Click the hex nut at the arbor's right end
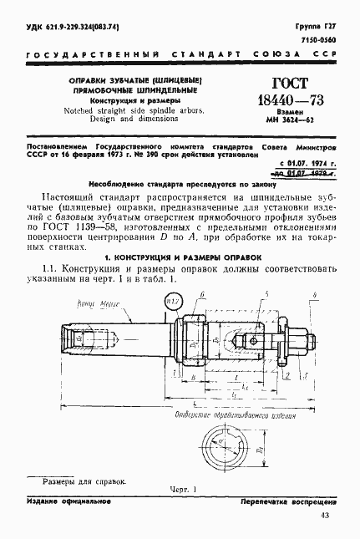coord(309,341)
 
